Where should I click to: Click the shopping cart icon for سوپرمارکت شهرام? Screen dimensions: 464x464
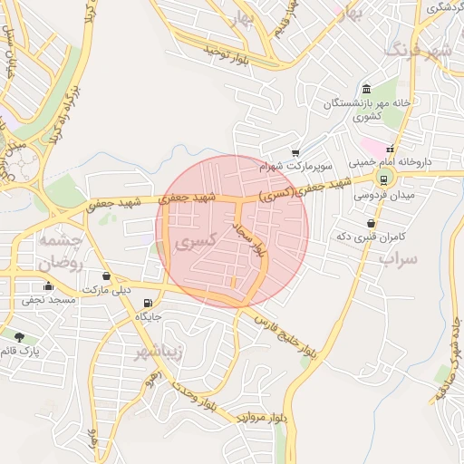click(x=295, y=154)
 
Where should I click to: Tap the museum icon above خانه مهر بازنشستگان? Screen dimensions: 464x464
click(x=366, y=89)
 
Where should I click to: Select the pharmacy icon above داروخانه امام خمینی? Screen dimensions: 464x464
click(x=391, y=149)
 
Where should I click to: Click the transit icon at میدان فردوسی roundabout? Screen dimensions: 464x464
click(x=381, y=179)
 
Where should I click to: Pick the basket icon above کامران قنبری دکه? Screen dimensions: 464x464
click(x=371, y=223)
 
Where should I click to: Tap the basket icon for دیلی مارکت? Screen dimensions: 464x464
click(x=107, y=275)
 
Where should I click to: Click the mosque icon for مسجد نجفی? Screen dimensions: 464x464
click(x=48, y=286)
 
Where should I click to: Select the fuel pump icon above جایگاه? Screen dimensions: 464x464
click(x=148, y=304)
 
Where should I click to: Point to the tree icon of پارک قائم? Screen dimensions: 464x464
click(x=20, y=337)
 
